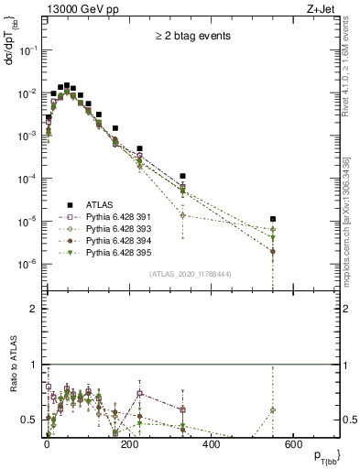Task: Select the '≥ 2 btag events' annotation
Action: click(192, 37)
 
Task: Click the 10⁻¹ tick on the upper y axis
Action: click(27, 50)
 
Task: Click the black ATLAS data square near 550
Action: click(273, 219)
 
